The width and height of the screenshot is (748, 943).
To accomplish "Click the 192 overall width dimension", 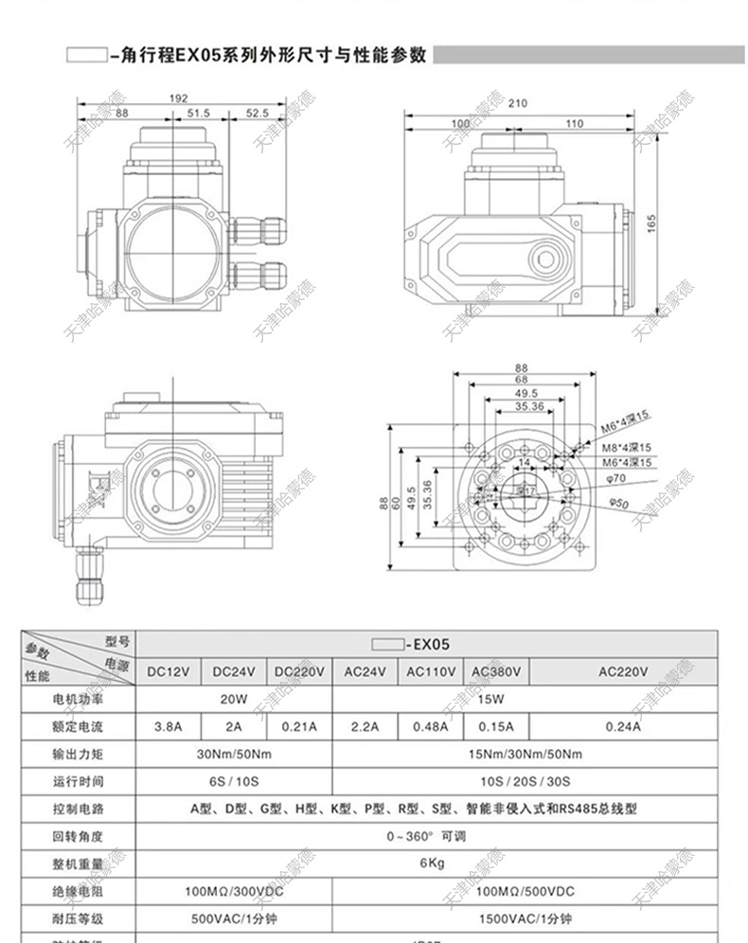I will click(179, 98).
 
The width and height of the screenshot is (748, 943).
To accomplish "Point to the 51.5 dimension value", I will click(198, 113).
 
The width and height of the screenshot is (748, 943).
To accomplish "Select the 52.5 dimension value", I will click(257, 113).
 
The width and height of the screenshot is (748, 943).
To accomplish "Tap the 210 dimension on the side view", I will click(517, 104).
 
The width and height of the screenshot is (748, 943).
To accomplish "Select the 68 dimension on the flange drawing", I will click(521, 381).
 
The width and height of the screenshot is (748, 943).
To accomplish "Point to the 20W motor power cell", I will click(234, 700).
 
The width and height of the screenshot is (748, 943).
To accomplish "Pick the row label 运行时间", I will click(78, 782).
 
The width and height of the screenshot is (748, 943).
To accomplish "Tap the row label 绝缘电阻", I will click(78, 892).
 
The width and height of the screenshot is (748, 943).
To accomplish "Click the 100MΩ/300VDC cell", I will click(234, 892).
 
